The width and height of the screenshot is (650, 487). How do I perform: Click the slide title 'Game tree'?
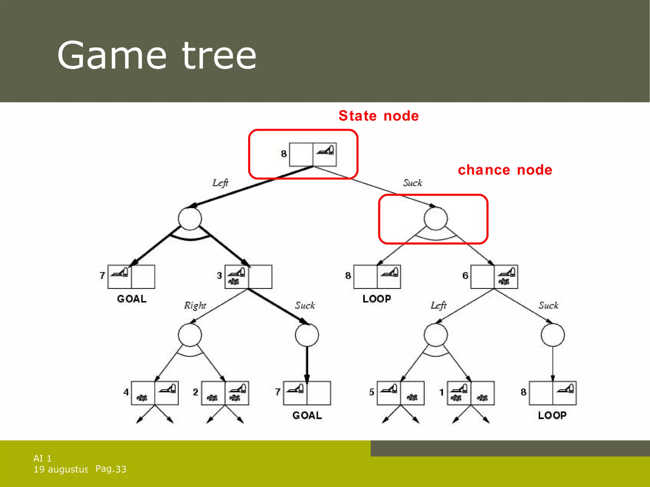coord(156,56)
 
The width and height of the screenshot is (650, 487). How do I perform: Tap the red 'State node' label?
coord(378,116)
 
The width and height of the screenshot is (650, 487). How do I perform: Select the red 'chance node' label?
coord(505,170)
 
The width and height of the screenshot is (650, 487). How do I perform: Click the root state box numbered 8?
coord(313,154)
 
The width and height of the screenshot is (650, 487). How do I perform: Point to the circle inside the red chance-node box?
coord(435,218)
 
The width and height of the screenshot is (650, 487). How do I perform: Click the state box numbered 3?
coord(248,276)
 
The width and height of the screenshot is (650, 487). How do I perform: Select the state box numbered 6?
coord(494,276)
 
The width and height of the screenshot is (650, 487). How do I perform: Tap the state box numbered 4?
coord(155,393)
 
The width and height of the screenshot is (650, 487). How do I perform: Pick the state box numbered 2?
coord(225,393)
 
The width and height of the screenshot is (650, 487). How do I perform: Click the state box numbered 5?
coord(400,393)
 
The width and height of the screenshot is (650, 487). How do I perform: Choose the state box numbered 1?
coord(470,393)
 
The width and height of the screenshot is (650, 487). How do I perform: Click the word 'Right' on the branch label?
coord(195,305)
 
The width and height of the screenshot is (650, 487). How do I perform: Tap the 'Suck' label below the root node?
coord(412,183)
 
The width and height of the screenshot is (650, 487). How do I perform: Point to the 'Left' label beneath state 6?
coord(438,305)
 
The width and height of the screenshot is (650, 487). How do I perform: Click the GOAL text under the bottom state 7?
coord(307,415)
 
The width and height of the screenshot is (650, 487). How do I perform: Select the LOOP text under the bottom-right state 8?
coord(552,415)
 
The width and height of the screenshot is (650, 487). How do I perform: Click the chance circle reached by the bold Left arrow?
coord(190,218)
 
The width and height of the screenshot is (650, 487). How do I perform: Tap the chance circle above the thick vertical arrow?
coord(307,335)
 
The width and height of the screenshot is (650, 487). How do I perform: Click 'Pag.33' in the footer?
coord(111,469)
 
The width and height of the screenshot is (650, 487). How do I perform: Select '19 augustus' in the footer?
coord(61,469)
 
